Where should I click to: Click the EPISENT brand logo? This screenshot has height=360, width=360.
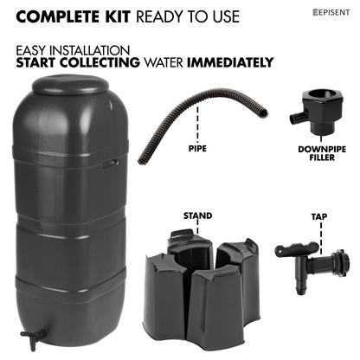click(331, 12)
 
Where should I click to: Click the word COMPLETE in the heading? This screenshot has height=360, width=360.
click(57, 16)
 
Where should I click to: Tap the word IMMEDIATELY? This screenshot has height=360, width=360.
click(230, 62)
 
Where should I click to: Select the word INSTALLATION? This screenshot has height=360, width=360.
click(89, 51)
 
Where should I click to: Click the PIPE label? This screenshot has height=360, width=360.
click(197, 149)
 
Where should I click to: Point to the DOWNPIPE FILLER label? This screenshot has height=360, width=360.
click(322, 153)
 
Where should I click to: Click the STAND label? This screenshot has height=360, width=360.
click(197, 215)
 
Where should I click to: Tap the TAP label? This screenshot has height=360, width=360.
click(319, 216)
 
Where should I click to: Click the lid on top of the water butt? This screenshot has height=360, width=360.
click(70, 85)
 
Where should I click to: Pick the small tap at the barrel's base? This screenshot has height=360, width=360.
click(34, 338)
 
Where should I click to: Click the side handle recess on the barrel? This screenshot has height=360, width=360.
click(110, 164)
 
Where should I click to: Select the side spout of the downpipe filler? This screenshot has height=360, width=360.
click(297, 118)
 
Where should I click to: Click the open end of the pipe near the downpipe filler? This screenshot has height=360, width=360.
click(264, 112)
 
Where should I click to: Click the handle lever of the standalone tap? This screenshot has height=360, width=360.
click(297, 248)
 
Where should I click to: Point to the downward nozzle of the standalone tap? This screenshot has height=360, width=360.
click(301, 285)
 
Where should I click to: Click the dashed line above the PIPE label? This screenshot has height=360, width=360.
click(197, 124)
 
